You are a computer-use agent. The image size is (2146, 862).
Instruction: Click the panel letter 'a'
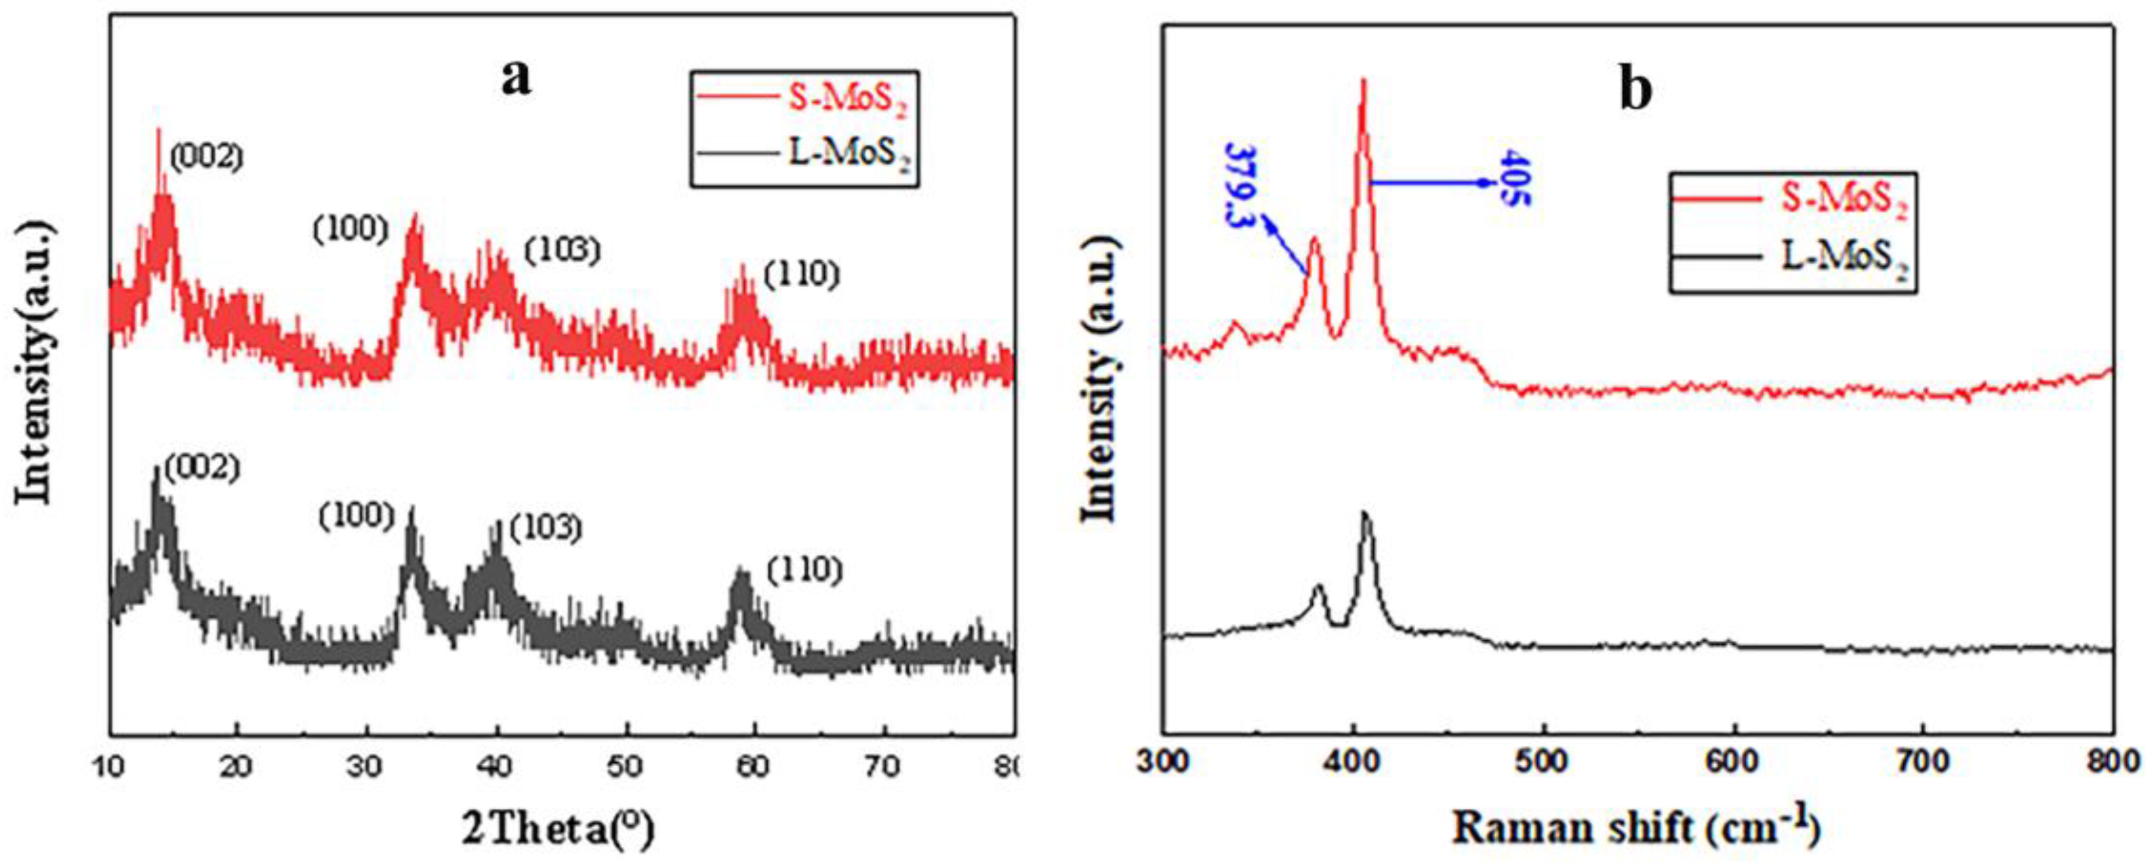[x=515, y=80]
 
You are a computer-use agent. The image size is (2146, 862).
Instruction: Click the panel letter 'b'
[x=1635, y=91]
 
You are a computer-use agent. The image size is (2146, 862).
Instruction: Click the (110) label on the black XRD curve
[x=805, y=570]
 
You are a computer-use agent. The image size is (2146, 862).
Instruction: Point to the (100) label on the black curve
[x=357, y=516]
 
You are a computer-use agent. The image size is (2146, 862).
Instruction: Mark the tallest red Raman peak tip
[x=1363, y=81]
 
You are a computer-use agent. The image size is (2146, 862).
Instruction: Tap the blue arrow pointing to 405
[x=1433, y=182]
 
